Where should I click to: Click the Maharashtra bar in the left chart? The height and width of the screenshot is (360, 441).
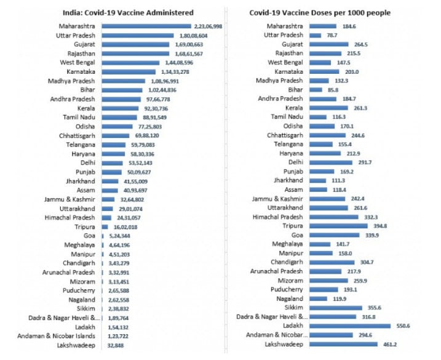pos(146,26)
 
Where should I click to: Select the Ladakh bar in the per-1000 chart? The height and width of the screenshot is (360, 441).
pos(350,326)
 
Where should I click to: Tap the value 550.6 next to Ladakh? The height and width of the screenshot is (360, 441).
pos(403,326)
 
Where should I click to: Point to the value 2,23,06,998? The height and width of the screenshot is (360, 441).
pos(208,26)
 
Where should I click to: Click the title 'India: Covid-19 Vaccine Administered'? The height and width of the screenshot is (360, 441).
pos(128,13)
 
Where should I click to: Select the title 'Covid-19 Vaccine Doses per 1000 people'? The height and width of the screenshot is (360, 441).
pos(320,13)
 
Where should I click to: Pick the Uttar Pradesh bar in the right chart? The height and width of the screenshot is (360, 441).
pos(316,36)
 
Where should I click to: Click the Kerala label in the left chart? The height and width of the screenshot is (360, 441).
pos(86,108)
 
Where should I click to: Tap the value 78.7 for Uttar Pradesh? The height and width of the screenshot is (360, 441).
pos(332,36)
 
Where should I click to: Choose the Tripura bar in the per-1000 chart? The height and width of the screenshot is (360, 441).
pos(339,226)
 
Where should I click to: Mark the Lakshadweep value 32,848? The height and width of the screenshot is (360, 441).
pos(115,345)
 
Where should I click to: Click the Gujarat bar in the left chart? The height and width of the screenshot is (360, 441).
pos(135,44)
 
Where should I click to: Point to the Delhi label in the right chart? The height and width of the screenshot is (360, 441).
pos(296,162)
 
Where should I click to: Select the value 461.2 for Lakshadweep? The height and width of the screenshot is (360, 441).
pos(390,344)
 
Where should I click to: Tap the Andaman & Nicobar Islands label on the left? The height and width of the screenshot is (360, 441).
pos(56,336)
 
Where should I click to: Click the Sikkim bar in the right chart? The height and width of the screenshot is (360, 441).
pos(336,308)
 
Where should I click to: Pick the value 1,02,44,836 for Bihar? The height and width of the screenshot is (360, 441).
pos(162,90)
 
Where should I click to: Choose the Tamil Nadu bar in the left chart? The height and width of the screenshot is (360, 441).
pos(119,118)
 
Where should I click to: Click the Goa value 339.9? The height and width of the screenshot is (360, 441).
pos(372,235)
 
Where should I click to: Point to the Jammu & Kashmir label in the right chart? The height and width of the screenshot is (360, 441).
pos(277,199)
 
